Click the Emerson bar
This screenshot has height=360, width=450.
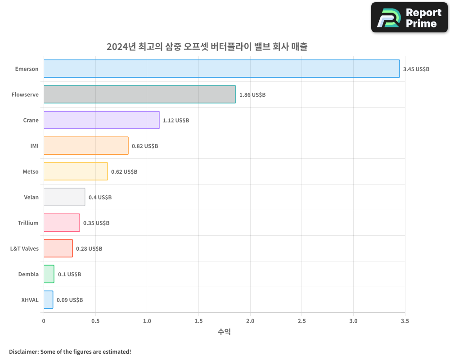pos(221,69)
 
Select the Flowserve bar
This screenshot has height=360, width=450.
pos(139,94)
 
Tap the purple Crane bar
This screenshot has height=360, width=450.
pos(101,120)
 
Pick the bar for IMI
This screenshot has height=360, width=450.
pos(86,146)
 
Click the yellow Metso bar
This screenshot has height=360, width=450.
pos(76,171)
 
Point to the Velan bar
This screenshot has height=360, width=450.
pos(64,197)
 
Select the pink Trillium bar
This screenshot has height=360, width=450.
pos(62,223)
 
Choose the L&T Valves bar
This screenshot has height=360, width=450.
pos(58,248)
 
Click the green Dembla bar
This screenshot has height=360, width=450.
pos(49,274)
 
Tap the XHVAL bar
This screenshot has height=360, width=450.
pos(48,300)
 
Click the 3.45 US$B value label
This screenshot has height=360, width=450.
pos(416,69)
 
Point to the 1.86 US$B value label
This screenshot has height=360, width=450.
pos(252,95)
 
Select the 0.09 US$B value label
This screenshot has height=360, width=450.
pos(70,300)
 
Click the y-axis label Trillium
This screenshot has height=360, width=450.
pos(28,223)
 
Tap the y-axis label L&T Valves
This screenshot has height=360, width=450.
pos(24,248)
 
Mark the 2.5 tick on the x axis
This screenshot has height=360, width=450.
pos(302,321)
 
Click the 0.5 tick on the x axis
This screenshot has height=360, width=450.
pos(95,321)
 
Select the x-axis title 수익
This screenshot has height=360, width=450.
pos(224,332)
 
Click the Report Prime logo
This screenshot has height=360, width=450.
pos(409,18)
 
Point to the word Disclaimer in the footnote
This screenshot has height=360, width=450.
pos(23,351)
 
